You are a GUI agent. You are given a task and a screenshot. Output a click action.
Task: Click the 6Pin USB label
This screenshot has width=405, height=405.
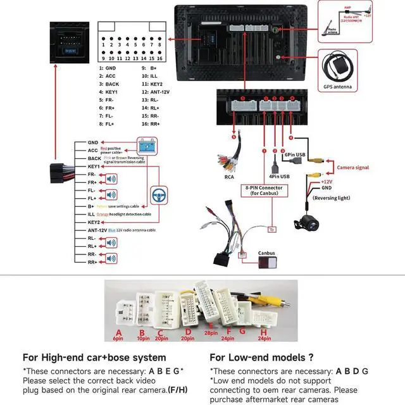[x=295, y=154]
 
